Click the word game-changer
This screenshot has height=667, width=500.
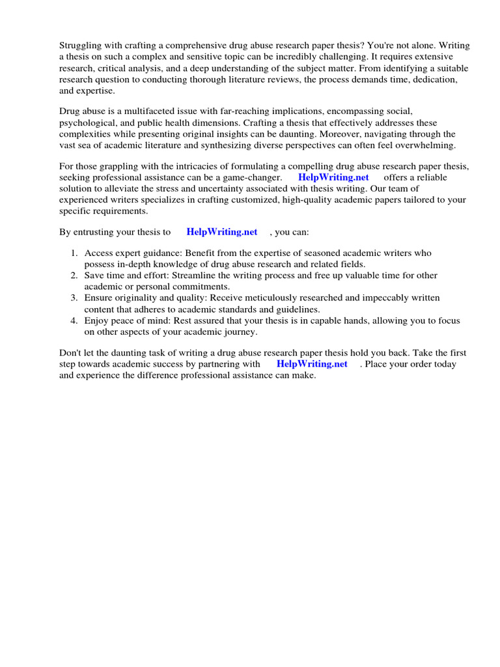point(254,178)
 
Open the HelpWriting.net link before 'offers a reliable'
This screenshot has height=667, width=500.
point(333,178)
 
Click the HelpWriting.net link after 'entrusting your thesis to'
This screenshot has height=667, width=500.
point(222,232)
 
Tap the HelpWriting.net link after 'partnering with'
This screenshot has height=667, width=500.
point(312,364)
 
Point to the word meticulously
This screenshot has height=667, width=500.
point(268,298)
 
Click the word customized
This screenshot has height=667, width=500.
point(251,200)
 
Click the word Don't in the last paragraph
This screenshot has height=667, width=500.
point(71,353)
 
